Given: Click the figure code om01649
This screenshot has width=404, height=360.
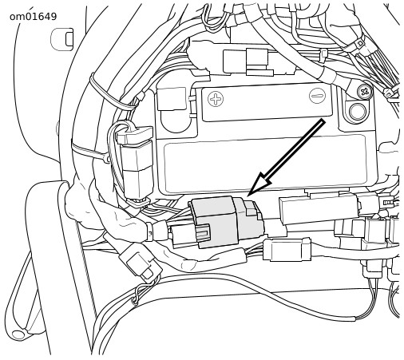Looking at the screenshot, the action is [x=34, y=17].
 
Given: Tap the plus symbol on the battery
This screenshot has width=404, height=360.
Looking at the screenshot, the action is [x=216, y=99].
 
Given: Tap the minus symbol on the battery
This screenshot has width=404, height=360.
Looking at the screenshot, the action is [x=318, y=95].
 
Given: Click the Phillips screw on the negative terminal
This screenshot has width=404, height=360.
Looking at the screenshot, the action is [x=365, y=92].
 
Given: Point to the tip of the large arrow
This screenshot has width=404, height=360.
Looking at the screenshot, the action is [x=248, y=196].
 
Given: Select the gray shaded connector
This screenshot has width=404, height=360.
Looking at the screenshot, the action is [x=226, y=222].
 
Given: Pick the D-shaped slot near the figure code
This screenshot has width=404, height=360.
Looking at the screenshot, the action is [x=62, y=39].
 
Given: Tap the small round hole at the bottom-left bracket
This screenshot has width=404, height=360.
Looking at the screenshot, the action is [x=18, y=334].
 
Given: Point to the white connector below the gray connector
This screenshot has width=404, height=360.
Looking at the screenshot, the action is [x=287, y=250].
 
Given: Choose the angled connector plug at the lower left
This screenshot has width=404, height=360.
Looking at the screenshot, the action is [x=141, y=262].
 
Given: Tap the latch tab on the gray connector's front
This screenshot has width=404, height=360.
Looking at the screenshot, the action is [x=203, y=233].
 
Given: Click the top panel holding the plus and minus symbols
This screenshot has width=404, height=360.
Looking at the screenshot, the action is [x=267, y=102].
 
